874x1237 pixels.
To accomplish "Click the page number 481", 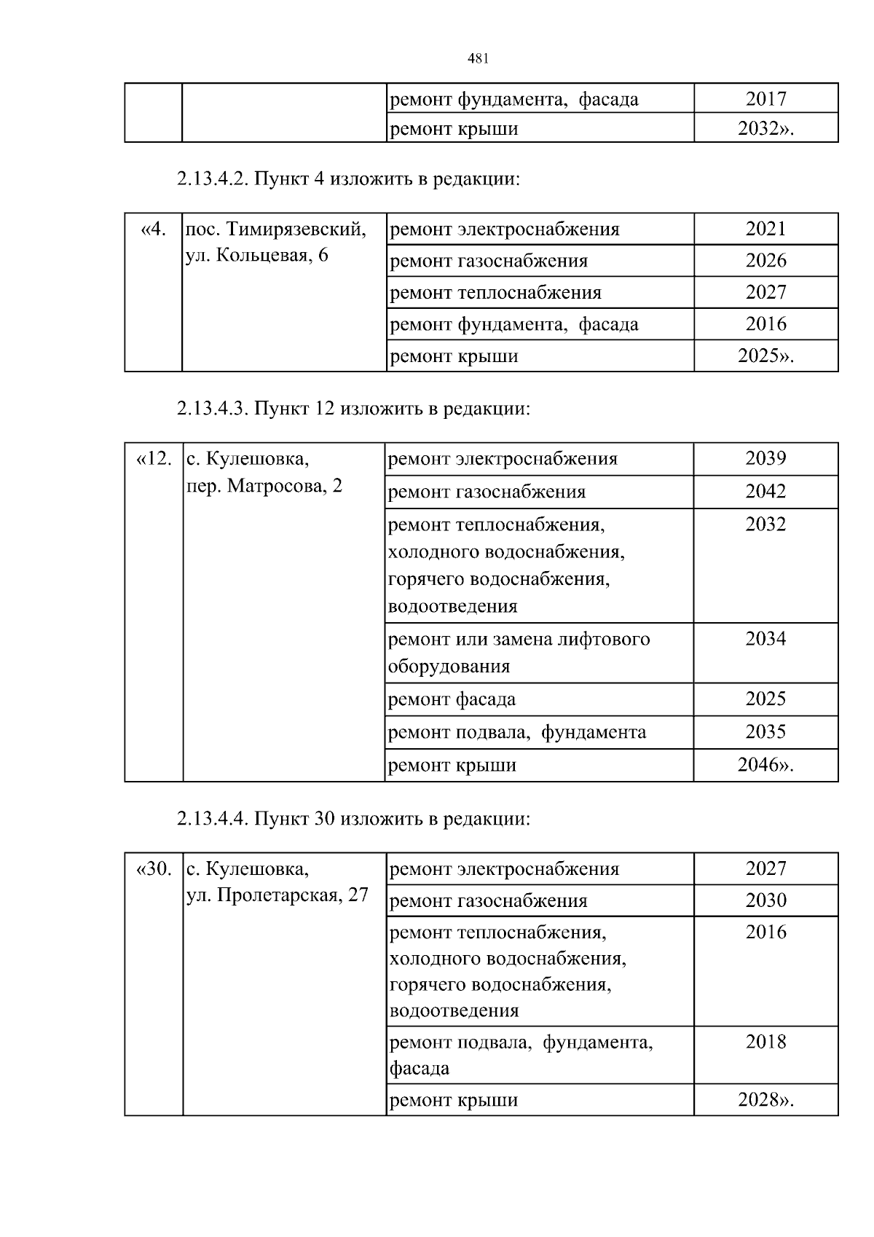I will [x=477, y=59].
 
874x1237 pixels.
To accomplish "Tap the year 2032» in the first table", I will [x=765, y=129].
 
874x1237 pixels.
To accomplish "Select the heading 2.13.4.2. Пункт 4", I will [x=348, y=178].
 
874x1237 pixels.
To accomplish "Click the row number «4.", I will [x=153, y=229].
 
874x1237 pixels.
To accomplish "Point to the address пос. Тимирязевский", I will [x=276, y=229].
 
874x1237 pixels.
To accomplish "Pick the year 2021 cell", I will [x=765, y=229].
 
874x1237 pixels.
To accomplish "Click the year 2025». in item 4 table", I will [x=765, y=356].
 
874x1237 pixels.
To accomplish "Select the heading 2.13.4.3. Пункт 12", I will [x=353, y=408].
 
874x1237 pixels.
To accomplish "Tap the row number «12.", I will [x=154, y=459].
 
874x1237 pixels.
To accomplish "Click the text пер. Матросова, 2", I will [x=264, y=486].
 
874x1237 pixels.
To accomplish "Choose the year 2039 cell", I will [x=765, y=458].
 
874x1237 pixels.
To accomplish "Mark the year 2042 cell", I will [x=765, y=491].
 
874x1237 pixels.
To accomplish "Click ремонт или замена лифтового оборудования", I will [x=519, y=652].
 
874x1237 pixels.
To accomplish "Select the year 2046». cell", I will [x=765, y=765].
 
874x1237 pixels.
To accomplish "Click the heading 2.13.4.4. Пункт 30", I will [x=353, y=819].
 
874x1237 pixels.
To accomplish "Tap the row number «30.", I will [x=154, y=869].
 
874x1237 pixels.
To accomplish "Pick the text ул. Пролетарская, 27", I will [x=277, y=895].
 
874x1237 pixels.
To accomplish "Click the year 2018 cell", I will [x=765, y=1042].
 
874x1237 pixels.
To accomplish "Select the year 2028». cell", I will [x=765, y=1099].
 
